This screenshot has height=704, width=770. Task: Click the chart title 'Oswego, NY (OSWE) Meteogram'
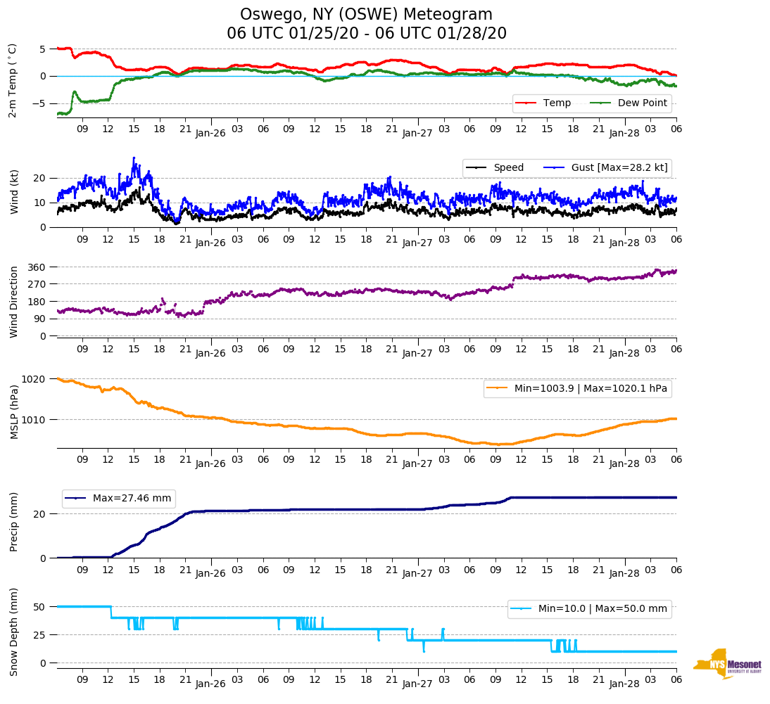[x=366, y=15]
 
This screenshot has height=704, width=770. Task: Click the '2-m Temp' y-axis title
[x=13, y=80]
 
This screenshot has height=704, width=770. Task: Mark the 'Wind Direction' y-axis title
[x=14, y=301]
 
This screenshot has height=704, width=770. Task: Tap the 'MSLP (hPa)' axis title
[x=14, y=411]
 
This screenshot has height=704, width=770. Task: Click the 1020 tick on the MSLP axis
[x=34, y=379]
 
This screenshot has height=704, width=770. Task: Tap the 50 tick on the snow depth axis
[x=40, y=606]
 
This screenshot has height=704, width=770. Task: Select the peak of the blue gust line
[x=134, y=158]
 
